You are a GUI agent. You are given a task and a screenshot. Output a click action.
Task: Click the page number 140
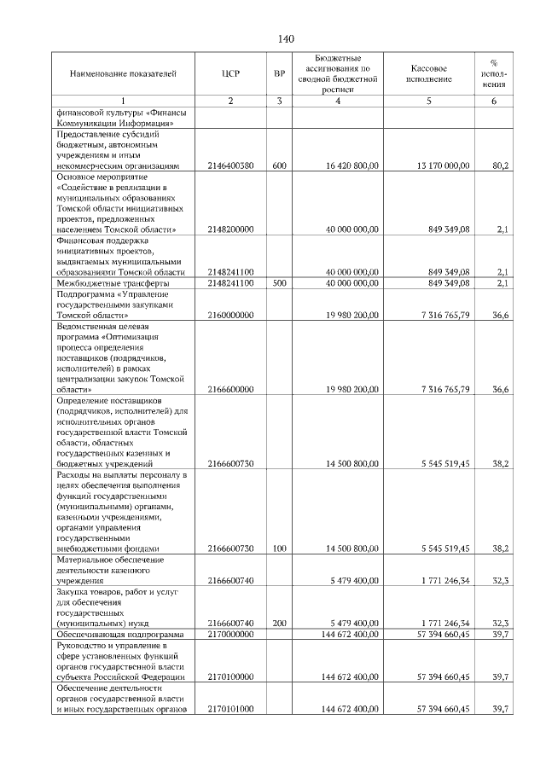pyautogui.click(x=286, y=38)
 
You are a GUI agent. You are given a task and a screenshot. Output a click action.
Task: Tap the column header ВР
pyautogui.click(x=279, y=74)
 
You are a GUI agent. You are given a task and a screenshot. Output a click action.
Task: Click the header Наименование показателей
pyautogui.click(x=123, y=74)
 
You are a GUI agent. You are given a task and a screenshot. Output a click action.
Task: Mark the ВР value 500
pyautogui.click(x=279, y=282)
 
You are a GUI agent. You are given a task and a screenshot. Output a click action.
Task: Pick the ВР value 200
pyautogui.click(x=279, y=624)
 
